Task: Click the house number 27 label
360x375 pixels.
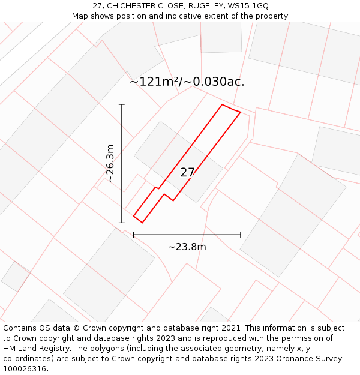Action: (x=188, y=173)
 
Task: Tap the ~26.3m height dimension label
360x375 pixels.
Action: (x=110, y=163)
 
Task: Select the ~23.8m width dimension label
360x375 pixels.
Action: (x=187, y=247)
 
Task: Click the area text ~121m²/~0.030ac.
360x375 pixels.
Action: (x=187, y=82)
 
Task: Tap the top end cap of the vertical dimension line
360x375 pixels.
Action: (x=122, y=104)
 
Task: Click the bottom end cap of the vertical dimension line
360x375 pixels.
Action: (x=122, y=223)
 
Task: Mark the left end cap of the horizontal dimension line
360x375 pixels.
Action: (x=133, y=234)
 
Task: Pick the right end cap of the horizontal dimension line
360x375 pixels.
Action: (x=241, y=234)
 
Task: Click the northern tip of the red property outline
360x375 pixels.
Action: (x=223, y=105)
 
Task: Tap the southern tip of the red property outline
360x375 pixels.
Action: (x=142, y=223)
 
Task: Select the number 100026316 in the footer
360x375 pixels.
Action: (x=25, y=369)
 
